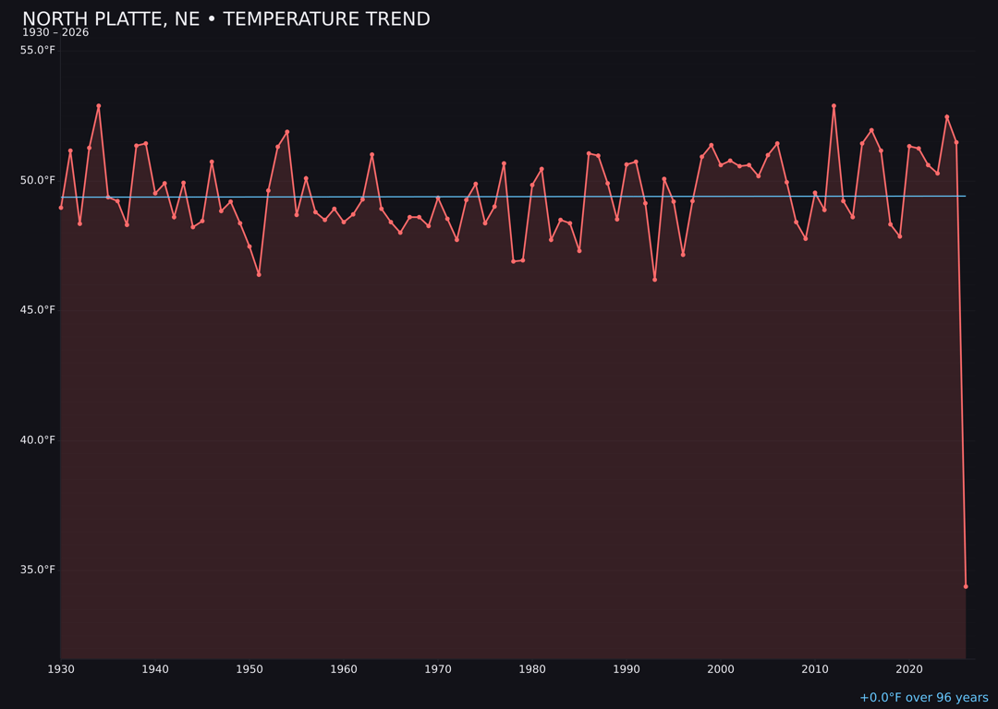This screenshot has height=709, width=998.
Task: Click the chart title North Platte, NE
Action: pos(225,19)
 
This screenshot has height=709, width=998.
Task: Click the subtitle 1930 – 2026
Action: pos(55,32)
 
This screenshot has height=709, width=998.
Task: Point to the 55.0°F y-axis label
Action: pos(38,50)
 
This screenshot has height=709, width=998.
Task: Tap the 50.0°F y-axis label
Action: pos(38,180)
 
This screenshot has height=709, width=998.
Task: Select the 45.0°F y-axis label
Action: pos(38,310)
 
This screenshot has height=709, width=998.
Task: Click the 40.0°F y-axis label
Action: pos(38,439)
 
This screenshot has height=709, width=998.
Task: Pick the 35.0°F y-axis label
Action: pos(38,570)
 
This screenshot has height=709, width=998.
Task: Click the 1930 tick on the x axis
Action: pos(61,669)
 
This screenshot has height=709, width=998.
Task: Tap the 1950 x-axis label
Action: pos(249,669)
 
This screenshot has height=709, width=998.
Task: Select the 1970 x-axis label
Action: pos(438,669)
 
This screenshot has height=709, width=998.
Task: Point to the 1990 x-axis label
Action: pos(627,669)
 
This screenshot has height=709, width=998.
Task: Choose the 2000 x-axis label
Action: pos(721,669)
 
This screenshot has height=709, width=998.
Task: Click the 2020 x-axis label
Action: pos(909,669)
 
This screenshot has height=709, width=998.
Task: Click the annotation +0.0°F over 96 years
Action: pos(923,698)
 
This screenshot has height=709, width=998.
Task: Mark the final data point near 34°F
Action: pos(966,586)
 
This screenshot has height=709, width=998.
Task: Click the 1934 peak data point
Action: pos(99,106)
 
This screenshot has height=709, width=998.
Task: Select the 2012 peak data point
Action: pos(834,106)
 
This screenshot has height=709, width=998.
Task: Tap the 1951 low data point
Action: pos(259,274)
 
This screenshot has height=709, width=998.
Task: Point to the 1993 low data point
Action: pos(654,280)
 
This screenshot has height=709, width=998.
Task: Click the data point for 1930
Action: pos(61,208)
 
